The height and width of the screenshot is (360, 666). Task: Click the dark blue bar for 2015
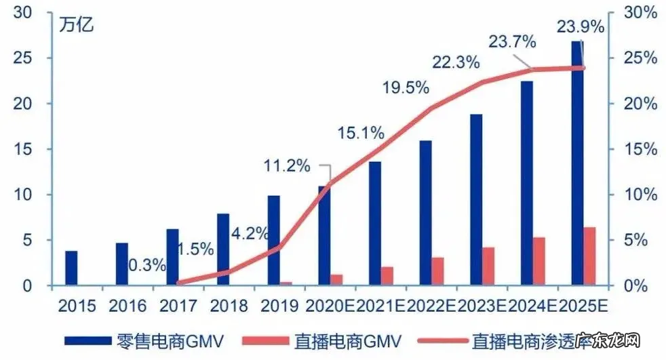71,268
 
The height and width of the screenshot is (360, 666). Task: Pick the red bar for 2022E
438,271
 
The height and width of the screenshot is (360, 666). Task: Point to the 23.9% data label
580,26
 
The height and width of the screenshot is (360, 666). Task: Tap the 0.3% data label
146,265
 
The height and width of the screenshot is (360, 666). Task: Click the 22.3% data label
456,62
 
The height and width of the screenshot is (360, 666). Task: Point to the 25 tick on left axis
23,58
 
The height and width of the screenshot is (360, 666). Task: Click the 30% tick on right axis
640,12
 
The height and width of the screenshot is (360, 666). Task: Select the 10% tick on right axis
640,195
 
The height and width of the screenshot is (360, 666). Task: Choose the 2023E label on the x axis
483,306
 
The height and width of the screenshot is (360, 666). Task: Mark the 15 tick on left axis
23,149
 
